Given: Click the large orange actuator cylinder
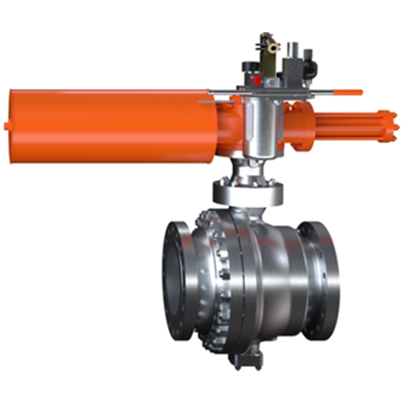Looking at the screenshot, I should (x=108, y=123).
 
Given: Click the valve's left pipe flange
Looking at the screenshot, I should (x=180, y=280).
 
